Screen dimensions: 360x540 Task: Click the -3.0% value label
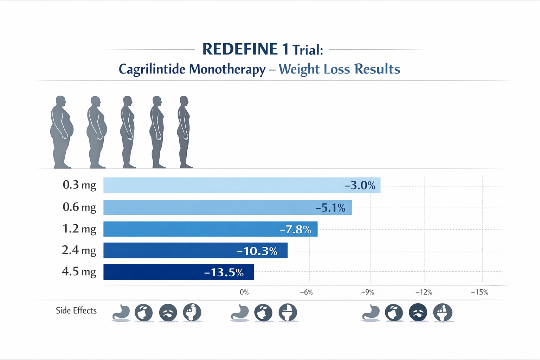tap(360, 185)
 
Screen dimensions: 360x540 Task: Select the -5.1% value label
tap(330, 208)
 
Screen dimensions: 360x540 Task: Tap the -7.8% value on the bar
tap(295, 230)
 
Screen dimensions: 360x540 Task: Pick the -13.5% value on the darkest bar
tap(224, 272)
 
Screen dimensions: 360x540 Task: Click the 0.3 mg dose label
tap(79, 185)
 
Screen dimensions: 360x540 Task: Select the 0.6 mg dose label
tap(79, 207)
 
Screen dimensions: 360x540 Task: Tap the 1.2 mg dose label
tap(79, 229)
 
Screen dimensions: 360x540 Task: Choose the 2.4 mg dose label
tap(79, 250)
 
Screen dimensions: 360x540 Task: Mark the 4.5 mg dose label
tap(79, 272)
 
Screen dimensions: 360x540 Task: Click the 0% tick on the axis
tap(244, 292)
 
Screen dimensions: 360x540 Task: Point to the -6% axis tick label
tap(306, 292)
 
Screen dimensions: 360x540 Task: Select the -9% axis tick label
tap(367, 292)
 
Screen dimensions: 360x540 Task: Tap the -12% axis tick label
tap(424, 292)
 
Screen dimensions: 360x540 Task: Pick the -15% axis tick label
tap(480, 292)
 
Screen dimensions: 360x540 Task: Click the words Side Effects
tap(76, 310)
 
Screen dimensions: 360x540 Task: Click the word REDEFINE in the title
tap(240, 49)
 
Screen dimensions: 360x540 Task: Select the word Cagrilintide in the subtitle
tap(152, 69)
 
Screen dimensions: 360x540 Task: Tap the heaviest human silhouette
tap(62, 132)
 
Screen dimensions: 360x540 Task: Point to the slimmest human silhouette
tap(184, 132)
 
